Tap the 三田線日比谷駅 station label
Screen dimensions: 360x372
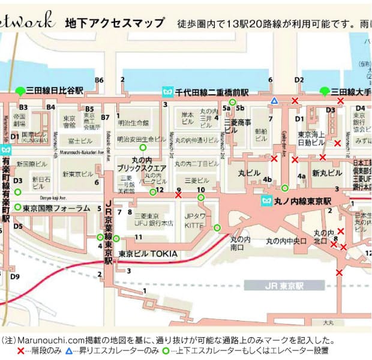click(x=54, y=91)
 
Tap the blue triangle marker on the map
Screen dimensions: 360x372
click(x=274, y=101)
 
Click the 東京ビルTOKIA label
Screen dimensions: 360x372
click(x=148, y=254)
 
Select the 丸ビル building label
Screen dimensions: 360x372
click(x=249, y=173)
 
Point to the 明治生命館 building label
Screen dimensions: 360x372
click(x=133, y=123)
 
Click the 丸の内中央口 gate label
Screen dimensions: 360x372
click(x=286, y=241)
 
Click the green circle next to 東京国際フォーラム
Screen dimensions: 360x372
click(x=18, y=208)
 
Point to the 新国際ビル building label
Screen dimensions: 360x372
click(x=32, y=164)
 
